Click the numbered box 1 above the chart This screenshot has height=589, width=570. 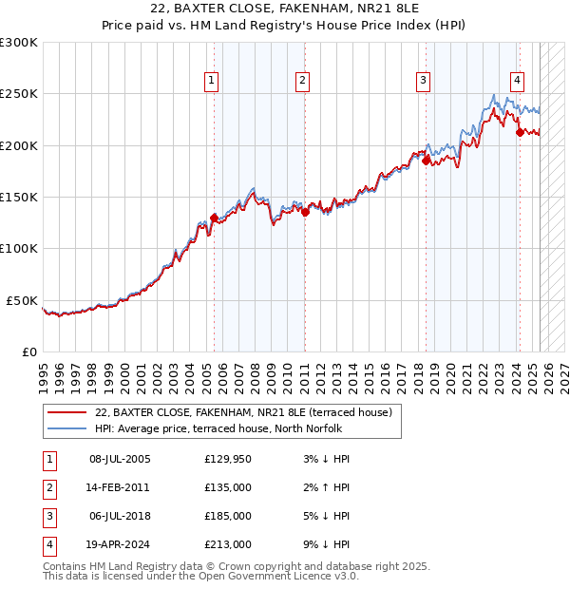coord(211,82)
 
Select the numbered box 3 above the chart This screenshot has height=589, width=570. coord(423,82)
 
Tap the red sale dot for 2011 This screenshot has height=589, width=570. coord(305,213)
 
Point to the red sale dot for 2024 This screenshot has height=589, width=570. coord(520,133)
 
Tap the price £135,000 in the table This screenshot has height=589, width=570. coord(228,488)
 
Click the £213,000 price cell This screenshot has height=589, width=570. coord(228,545)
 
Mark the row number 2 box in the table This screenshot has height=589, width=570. coord(48,488)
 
